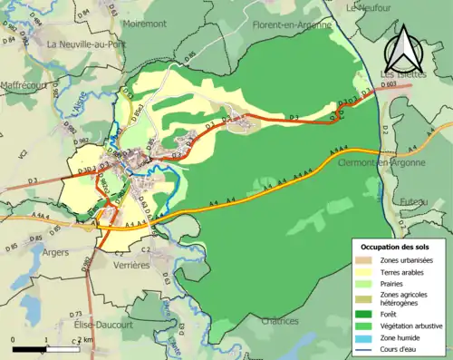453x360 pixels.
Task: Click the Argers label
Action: pos(55,252)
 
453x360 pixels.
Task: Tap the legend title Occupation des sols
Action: pos(395,247)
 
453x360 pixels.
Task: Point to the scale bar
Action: pos(45,347)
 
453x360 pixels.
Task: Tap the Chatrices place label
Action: pos(279,321)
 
